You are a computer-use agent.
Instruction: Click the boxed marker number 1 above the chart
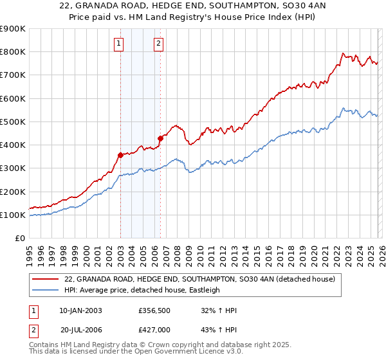120,44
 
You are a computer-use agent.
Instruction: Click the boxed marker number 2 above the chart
158,44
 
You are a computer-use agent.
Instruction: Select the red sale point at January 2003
120,155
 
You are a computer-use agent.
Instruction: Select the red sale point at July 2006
160,138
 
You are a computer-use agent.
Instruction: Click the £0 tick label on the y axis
19,239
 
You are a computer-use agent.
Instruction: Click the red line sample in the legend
46,280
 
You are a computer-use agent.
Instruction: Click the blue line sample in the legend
46,290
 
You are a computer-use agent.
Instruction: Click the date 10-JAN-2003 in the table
80,310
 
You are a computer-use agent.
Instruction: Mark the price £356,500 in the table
154,310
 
